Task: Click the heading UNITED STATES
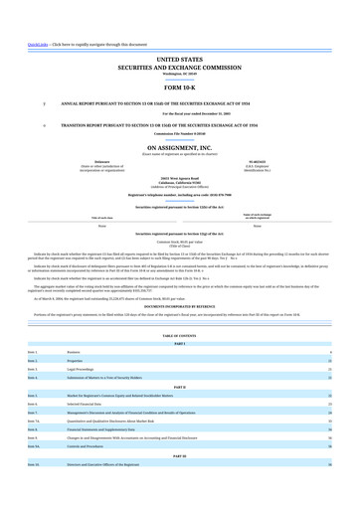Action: [179, 61]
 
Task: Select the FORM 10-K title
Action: [179, 87]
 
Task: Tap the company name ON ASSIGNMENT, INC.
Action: [179, 146]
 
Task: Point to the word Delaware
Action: [102, 159]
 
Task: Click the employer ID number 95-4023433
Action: [258, 159]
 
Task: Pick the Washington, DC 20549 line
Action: [179, 75]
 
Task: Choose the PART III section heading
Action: [179, 483]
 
